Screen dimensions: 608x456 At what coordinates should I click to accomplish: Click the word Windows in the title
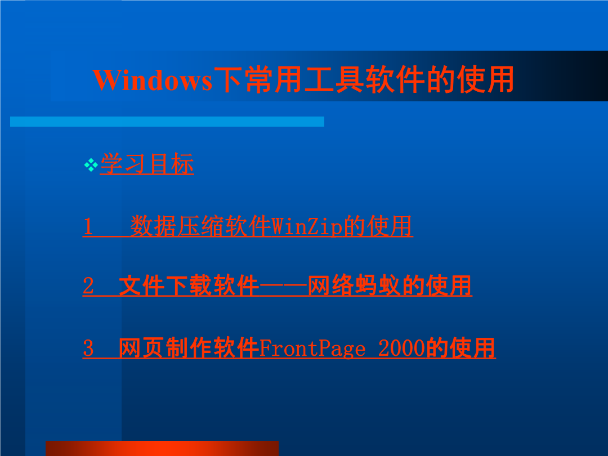click(x=153, y=81)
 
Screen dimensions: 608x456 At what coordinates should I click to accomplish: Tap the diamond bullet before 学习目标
click(x=91, y=165)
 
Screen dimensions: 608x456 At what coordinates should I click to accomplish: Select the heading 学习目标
click(x=147, y=164)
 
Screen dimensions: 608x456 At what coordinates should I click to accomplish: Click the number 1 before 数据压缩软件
click(x=88, y=226)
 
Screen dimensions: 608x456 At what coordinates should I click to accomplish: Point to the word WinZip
click(x=307, y=226)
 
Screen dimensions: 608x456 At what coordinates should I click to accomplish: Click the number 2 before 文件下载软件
click(x=88, y=286)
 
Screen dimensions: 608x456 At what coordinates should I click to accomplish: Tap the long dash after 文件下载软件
click(x=283, y=287)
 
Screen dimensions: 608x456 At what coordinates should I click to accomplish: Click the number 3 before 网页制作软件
click(x=88, y=348)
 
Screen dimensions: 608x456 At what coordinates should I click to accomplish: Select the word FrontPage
click(x=312, y=348)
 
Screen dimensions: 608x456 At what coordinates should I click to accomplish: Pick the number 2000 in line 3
click(x=402, y=348)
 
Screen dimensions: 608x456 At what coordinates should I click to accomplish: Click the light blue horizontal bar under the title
click(x=167, y=122)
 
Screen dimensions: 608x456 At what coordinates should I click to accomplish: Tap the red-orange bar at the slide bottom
click(x=162, y=448)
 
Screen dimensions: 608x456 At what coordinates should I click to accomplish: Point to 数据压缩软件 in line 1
click(x=200, y=226)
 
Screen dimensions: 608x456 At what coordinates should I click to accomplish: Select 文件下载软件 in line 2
click(x=189, y=286)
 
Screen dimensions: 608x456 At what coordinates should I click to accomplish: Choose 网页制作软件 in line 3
click(x=189, y=348)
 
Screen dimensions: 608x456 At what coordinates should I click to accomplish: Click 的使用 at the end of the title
click(x=470, y=79)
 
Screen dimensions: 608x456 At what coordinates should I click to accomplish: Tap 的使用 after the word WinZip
click(x=378, y=226)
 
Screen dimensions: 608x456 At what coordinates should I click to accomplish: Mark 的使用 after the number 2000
click(x=461, y=348)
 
